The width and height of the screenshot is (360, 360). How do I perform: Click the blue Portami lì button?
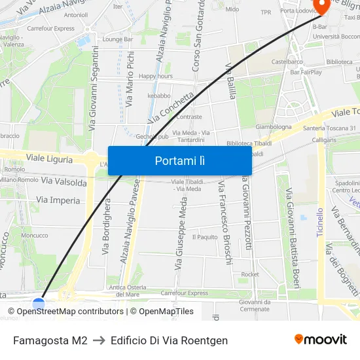179,160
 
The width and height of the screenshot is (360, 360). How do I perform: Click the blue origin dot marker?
39,304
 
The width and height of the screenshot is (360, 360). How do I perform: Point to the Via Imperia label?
58,200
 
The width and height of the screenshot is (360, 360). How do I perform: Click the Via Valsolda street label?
63,181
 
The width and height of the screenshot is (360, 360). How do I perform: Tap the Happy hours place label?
156,76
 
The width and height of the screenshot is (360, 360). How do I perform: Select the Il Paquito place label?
205,237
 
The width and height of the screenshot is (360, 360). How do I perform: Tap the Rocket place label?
250,274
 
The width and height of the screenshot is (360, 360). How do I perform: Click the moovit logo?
321,339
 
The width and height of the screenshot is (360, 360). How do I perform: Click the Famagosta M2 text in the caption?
50,340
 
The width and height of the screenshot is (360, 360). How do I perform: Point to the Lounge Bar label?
118,39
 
